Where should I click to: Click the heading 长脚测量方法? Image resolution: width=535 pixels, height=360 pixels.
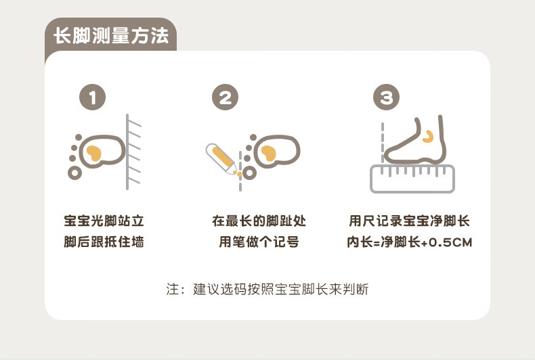coord(111,36)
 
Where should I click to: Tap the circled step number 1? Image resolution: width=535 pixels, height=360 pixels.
coord(93,97)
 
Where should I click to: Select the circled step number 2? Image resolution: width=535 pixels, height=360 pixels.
coord(226,97)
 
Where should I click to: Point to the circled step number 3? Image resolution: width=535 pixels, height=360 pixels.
coord(386,97)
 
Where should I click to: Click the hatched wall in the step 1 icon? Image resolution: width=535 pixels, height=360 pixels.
coord(133,152)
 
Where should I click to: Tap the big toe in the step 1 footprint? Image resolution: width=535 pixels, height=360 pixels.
coord(75,173)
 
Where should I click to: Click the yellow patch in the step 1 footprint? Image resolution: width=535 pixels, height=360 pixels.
coord(94,153)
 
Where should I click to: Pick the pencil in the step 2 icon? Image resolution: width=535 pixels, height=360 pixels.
coord(221,159)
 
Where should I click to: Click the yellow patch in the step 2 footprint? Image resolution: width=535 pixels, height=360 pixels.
coord(269,153)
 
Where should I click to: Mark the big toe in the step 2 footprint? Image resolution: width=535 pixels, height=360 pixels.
coord(249,173)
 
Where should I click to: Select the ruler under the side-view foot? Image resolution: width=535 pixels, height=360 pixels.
coord(412,179)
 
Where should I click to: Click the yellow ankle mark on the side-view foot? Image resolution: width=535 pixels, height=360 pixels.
coord(428,137)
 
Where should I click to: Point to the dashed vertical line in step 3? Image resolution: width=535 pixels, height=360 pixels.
coord(383,143)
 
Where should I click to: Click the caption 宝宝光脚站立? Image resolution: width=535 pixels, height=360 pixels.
coord(104,221)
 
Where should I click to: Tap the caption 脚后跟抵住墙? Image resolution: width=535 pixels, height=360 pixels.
coord(104,242)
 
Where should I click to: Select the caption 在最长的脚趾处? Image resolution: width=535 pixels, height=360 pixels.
coord(259,221)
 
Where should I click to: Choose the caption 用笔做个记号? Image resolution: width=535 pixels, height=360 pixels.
coord(259,242)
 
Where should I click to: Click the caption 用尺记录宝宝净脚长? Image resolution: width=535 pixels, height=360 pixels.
coord(410,221)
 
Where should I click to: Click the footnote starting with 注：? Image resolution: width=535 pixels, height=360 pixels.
coord(267,289)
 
